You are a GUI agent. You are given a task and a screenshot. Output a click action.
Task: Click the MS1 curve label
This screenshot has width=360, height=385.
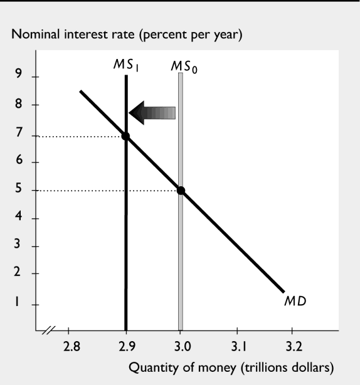pyautogui.click(x=126, y=65)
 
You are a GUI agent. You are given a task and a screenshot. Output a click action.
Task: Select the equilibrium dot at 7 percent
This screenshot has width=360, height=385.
pyautogui.click(x=126, y=136)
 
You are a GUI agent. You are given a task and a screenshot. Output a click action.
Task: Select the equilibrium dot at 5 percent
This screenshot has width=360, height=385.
pyautogui.click(x=181, y=191)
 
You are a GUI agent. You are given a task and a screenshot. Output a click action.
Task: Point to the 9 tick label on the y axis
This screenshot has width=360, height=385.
pyautogui.click(x=19, y=77)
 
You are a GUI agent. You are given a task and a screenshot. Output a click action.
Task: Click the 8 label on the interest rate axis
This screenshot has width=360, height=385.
pyautogui.click(x=19, y=105)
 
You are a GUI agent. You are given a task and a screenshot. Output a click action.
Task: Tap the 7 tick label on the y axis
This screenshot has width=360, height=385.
pyautogui.click(x=19, y=133)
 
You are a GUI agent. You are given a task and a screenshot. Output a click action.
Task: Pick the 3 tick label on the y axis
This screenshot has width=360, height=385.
pyautogui.click(x=19, y=245)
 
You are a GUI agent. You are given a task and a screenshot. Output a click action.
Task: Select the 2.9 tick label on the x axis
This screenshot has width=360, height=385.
pyautogui.click(x=126, y=345)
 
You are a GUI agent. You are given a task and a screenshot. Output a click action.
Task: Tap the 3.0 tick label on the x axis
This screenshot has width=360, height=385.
pyautogui.click(x=181, y=345)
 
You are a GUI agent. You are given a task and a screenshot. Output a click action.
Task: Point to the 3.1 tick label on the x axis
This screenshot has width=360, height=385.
pyautogui.click(x=236, y=345)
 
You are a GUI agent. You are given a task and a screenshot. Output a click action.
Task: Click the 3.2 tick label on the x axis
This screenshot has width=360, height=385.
pyautogui.click(x=292, y=345)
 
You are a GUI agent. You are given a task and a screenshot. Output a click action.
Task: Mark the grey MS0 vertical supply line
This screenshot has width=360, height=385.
pyautogui.click(x=181, y=251)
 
